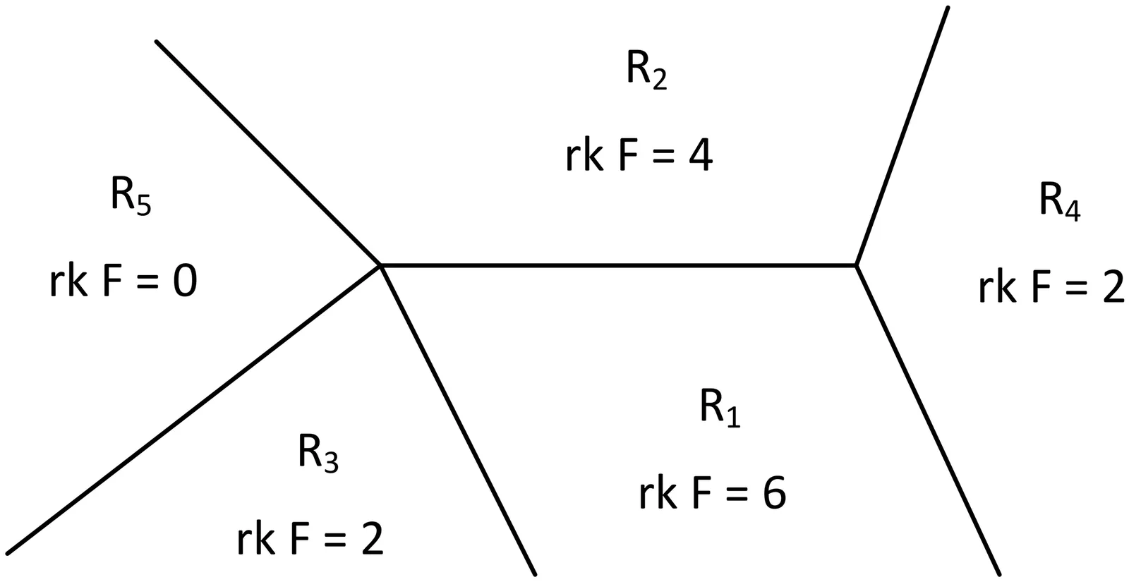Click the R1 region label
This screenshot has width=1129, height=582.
(x=719, y=408)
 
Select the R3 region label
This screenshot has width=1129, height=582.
(x=318, y=453)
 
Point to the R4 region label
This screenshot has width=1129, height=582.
(x=1058, y=201)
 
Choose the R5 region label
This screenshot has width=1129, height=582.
(x=131, y=195)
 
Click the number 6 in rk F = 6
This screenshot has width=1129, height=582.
(x=773, y=493)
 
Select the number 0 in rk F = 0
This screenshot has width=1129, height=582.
(x=184, y=282)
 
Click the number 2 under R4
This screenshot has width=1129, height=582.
(x=1111, y=288)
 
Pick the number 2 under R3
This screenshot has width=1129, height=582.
(x=370, y=540)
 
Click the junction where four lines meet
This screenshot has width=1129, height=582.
(x=381, y=265)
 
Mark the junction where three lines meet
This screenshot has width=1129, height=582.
(x=856, y=265)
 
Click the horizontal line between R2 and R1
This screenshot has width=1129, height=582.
(x=617, y=265)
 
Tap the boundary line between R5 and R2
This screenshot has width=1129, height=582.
(x=268, y=153)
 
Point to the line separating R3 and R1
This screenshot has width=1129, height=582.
(x=459, y=420)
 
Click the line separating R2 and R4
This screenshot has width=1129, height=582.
(x=902, y=136)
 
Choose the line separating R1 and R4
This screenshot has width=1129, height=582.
(x=928, y=420)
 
